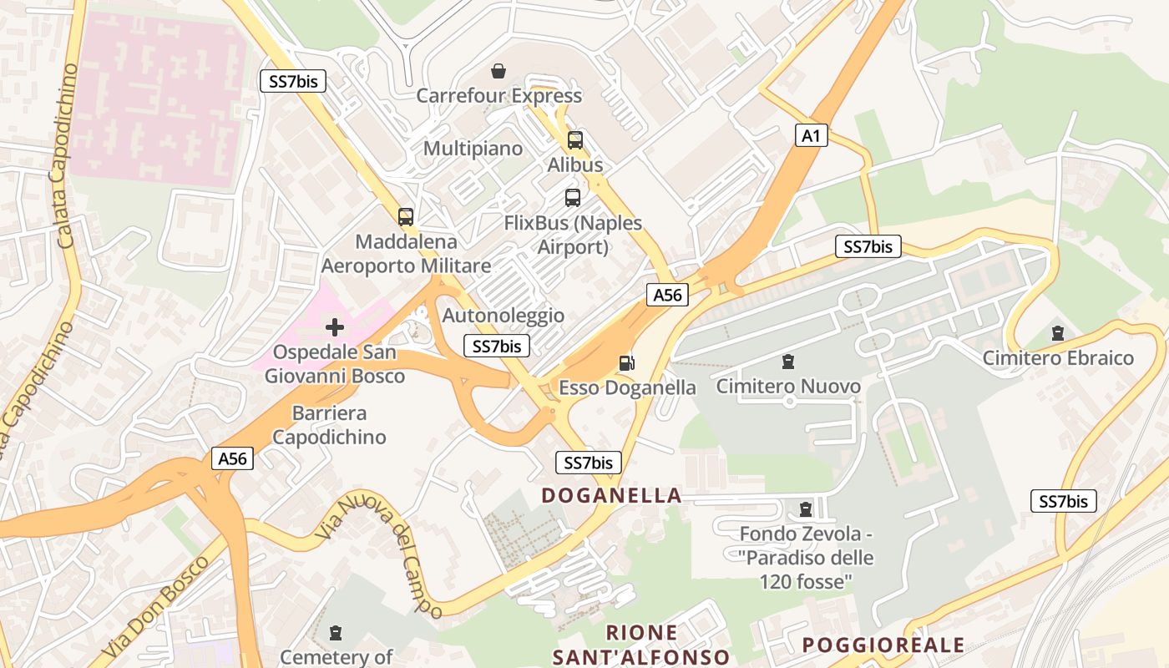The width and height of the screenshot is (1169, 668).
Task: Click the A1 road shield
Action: point(811,135)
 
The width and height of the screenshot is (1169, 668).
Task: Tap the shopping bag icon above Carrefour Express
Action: point(498,71)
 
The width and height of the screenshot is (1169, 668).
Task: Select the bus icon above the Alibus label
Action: point(575,140)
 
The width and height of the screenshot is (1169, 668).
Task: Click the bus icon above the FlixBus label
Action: point(573,198)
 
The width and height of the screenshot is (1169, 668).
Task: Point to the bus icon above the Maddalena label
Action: point(406,217)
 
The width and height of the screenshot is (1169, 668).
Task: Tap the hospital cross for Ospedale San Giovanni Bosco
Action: point(334,326)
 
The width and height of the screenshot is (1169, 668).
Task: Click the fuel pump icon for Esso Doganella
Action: point(626,362)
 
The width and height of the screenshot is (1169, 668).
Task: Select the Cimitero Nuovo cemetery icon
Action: point(787,362)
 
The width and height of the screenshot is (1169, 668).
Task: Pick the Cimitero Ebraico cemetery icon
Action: point(1058,333)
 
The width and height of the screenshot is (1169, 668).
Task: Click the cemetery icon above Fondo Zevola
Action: point(806,509)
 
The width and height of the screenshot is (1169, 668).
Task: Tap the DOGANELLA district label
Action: point(611,495)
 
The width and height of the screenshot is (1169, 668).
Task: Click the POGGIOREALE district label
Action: point(883,645)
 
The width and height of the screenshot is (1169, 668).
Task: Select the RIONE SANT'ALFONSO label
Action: point(641,645)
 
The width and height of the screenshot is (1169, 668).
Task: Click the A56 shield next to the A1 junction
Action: point(667,295)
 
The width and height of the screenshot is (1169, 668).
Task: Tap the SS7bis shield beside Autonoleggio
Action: point(497,346)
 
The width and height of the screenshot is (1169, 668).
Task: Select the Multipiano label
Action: point(473,149)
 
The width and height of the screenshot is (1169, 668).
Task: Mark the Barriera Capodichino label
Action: point(329,425)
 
